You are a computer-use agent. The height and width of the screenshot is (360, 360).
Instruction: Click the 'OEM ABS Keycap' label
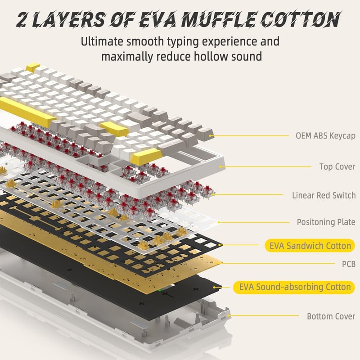pyautogui.click(x=325, y=136)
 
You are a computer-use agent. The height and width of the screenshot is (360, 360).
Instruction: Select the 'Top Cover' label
pyautogui.click(x=337, y=166)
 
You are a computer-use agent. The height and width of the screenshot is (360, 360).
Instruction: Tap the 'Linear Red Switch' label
pyautogui.click(x=324, y=195)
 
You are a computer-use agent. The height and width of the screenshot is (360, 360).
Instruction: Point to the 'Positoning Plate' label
pyautogui.click(x=326, y=222)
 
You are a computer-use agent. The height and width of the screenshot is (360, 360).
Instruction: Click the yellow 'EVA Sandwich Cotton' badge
pyautogui.click(x=310, y=246)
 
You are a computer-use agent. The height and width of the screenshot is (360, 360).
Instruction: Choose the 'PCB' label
pyautogui.click(x=349, y=264)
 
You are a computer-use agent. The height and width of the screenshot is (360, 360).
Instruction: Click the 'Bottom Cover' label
pyautogui.click(x=331, y=316)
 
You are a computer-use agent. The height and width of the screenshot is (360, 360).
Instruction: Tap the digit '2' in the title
pyautogui.click(x=22, y=19)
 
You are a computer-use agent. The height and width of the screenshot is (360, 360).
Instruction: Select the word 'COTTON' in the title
pyautogui.click(x=300, y=19)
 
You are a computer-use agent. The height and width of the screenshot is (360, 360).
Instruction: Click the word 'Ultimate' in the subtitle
pyautogui.click(x=102, y=41)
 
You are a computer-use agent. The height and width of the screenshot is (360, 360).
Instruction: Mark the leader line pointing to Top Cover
pyautogui.click(x=266, y=166)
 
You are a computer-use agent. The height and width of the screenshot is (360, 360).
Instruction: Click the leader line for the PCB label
pyautogui.click(x=277, y=263)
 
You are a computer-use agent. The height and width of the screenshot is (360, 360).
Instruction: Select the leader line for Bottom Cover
pyautogui.click(x=264, y=315)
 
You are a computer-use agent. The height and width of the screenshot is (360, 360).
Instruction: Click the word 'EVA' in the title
pyautogui.click(x=158, y=19)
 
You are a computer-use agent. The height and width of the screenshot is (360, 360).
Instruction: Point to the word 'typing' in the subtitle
pyautogui.click(x=183, y=42)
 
